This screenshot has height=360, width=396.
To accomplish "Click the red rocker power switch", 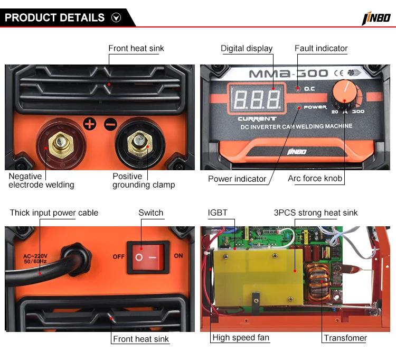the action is click(148, 256).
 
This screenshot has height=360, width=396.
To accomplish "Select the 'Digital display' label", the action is click(247, 49).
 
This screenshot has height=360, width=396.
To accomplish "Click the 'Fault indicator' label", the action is click(321, 49).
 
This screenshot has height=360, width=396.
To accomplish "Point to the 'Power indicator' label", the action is click(237, 179).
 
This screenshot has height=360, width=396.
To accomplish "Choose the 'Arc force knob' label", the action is click(315, 179).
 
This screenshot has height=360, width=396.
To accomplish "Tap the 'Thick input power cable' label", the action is click(54, 213).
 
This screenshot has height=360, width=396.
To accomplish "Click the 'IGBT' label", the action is click(218, 213).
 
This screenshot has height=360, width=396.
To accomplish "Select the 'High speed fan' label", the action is click(241, 338).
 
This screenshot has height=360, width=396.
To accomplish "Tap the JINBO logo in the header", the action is click(376, 19).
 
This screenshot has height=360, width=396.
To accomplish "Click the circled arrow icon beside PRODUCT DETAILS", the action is click(116, 17).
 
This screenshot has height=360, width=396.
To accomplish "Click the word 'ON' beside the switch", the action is click(178, 256).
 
